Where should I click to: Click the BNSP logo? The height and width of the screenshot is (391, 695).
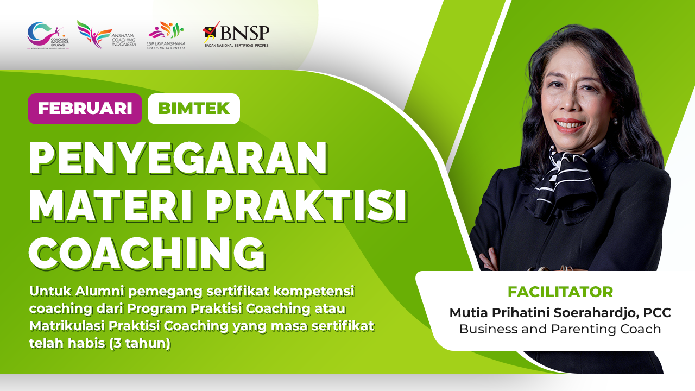(x=236, y=35)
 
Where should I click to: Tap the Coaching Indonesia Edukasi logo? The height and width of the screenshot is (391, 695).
(x=48, y=35)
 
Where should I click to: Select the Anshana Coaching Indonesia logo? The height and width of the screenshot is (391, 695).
(x=106, y=35)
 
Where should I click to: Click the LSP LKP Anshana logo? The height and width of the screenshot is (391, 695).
(x=166, y=36)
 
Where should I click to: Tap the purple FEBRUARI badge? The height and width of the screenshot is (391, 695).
(x=85, y=109)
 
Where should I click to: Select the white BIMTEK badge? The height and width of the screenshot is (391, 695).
(x=194, y=109)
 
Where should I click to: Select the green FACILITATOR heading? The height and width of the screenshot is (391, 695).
(x=560, y=292)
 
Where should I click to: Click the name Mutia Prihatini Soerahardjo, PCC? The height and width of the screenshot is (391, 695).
(x=560, y=313)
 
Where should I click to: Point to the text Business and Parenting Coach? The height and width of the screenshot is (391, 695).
(x=560, y=329)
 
